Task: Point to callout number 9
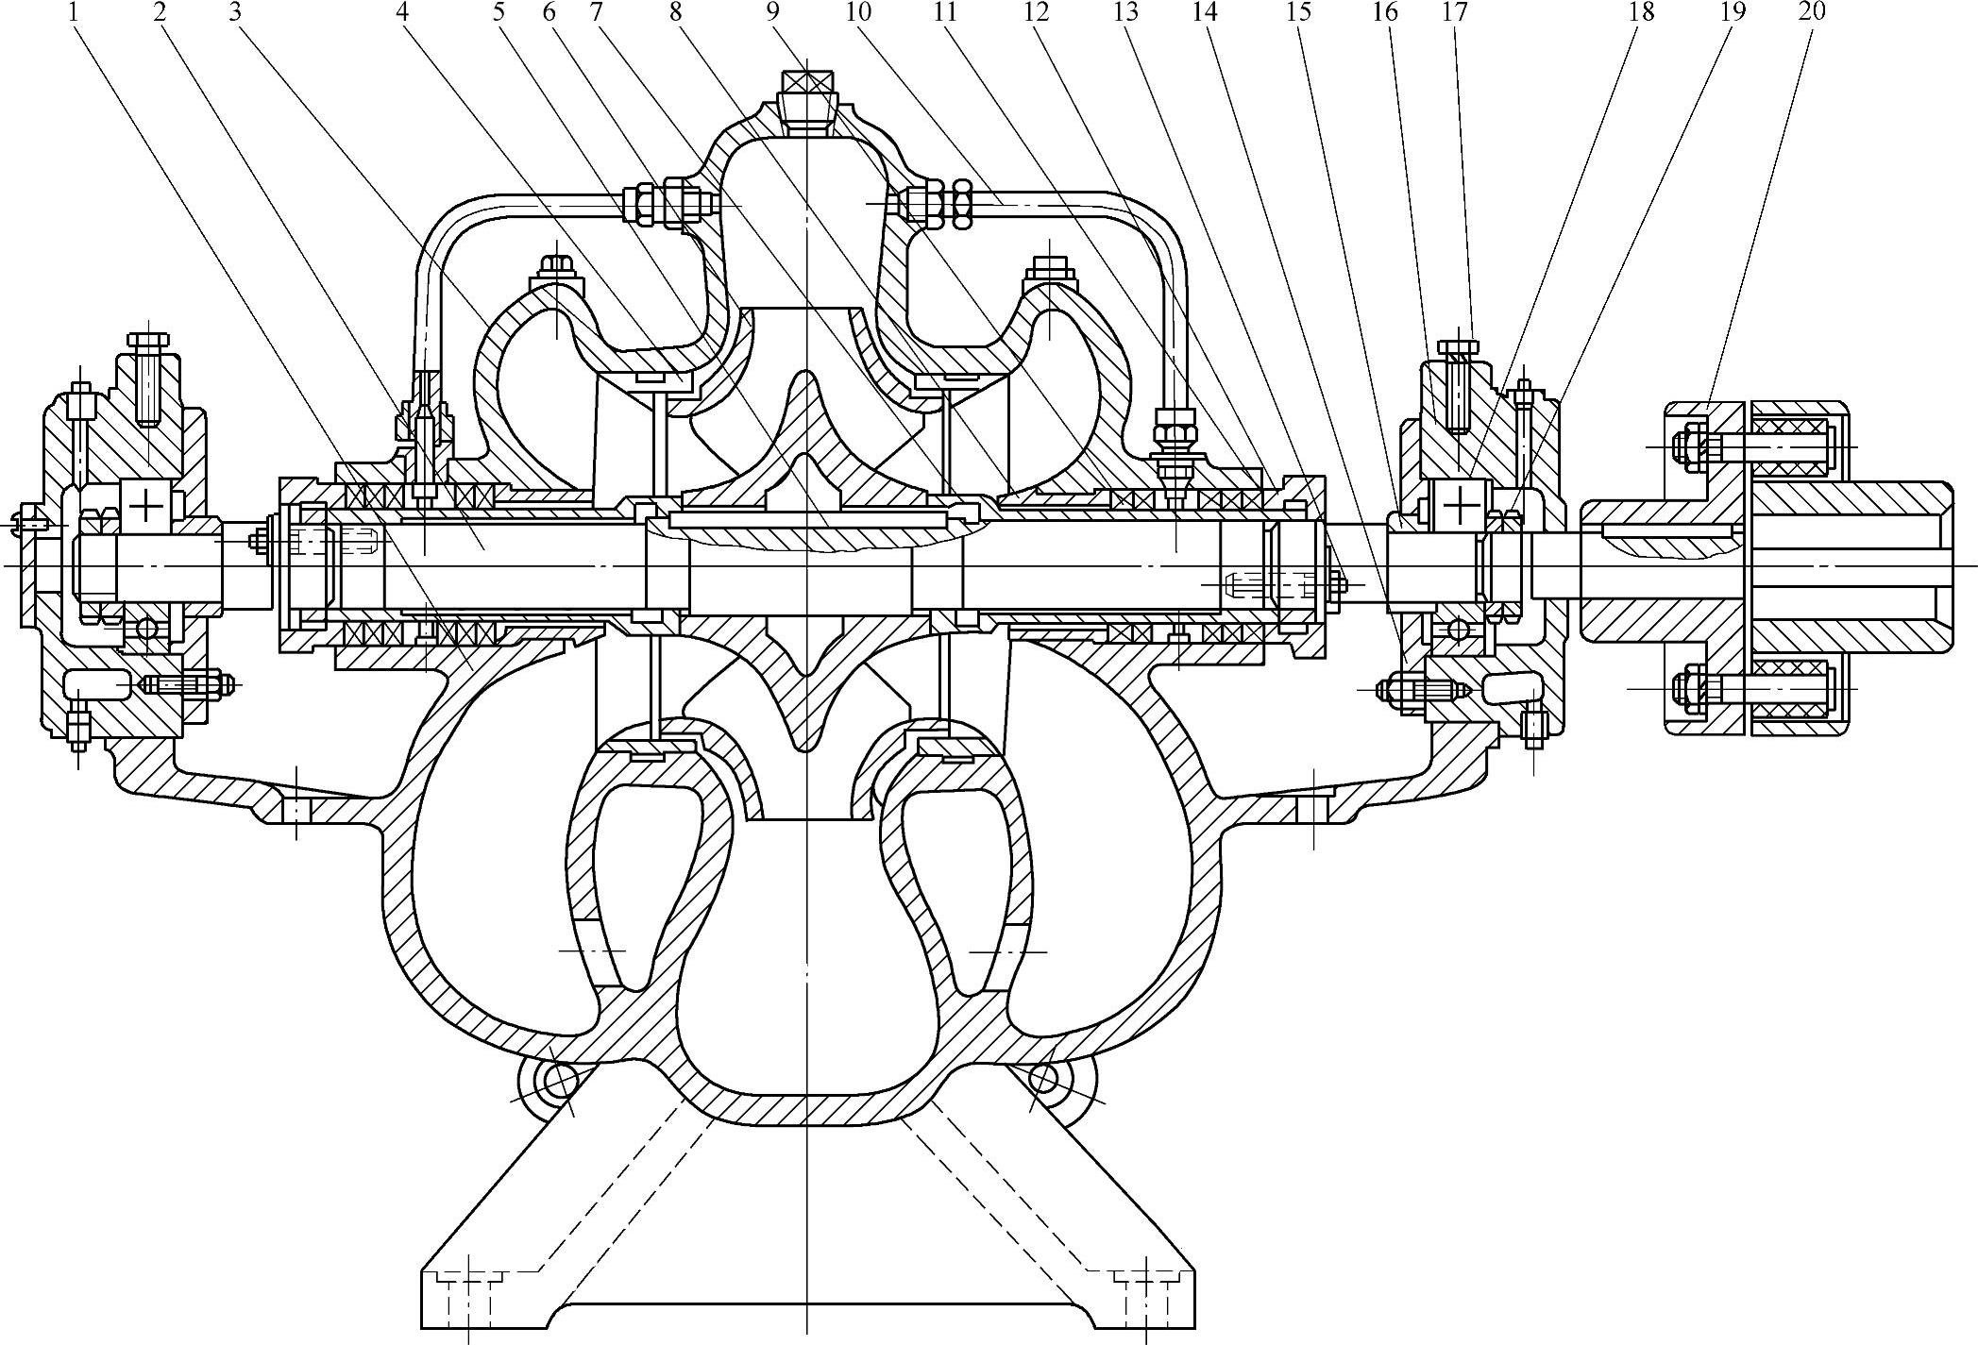(x=774, y=12)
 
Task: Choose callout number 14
(x=1205, y=12)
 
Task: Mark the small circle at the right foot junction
(x=1044, y=1078)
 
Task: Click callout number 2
(x=159, y=12)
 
